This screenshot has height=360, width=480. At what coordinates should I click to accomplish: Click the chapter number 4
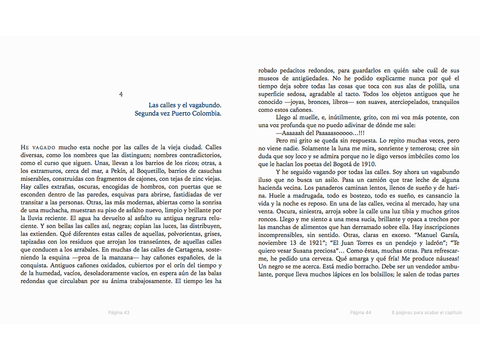[121, 94]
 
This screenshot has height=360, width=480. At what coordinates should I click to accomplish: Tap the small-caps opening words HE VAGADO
[38, 147]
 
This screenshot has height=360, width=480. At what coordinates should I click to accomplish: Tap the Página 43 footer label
[119, 313]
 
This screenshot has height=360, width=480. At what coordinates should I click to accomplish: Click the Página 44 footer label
[360, 313]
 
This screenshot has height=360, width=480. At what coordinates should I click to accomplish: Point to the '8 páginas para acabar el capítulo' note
[427, 313]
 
